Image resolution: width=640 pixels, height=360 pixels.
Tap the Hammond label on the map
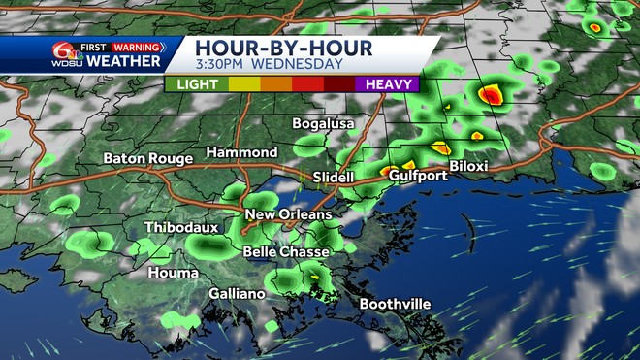241,153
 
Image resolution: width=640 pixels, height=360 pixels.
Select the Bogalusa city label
325,124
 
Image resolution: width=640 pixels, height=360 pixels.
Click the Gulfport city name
418,176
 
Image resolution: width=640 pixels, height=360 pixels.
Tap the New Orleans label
288,214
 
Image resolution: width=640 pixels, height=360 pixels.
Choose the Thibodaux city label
181,228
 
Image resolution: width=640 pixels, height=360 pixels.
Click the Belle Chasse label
286,251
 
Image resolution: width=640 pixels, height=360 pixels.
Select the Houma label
173,274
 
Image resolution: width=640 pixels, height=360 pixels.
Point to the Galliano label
237,294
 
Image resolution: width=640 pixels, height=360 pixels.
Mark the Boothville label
395,305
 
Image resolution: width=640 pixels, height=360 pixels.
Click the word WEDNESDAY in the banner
299,65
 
